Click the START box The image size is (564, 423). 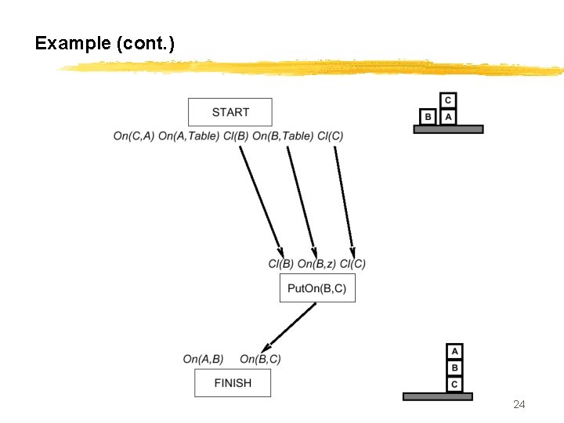pos(230,112)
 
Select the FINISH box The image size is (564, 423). pos(233,383)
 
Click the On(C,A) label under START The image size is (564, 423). pos(133,136)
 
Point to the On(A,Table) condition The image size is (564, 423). pos(188,136)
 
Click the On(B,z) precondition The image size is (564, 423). pos(316,264)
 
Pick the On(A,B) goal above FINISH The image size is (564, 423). pos(203,359)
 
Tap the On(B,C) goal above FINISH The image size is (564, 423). pos(260,359)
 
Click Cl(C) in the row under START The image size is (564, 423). pos(330,136)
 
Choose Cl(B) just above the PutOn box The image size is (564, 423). pos(280,264)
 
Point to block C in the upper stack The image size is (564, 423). pos(447,100)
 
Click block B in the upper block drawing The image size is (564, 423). pos(428,117)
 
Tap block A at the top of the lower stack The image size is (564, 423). pos(454,352)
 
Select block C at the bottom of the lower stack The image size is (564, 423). pos(454,384)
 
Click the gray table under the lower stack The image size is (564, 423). pos(437,396)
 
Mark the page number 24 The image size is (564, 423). pos(519,404)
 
